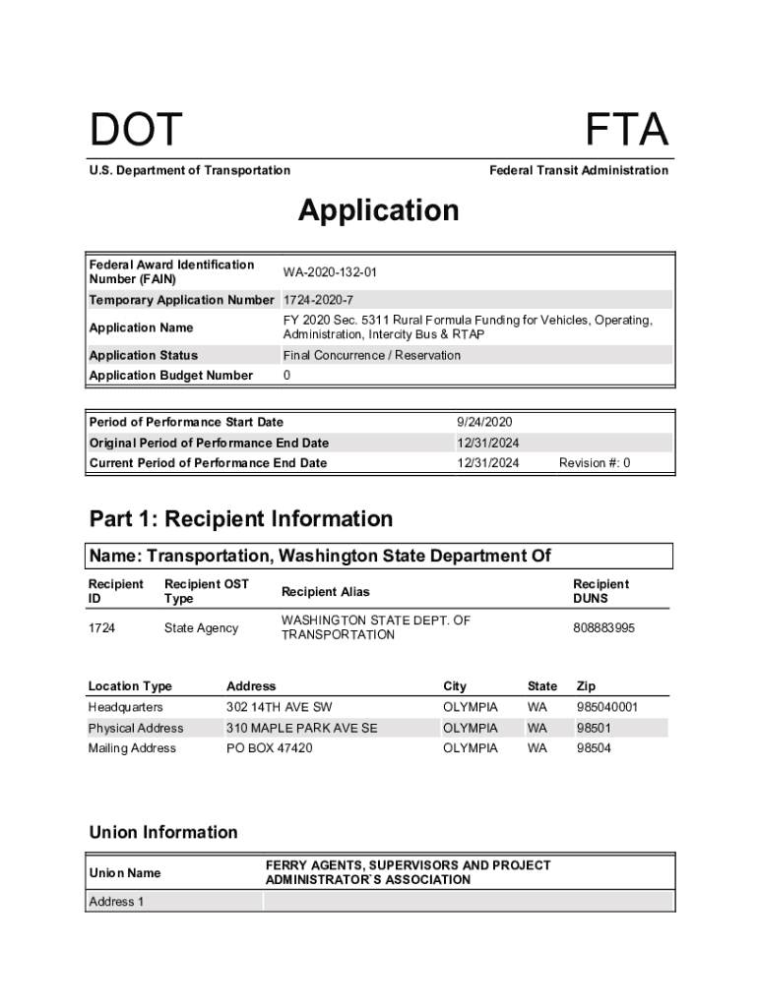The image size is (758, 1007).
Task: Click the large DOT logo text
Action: (136, 131)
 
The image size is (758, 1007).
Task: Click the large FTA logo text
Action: (626, 131)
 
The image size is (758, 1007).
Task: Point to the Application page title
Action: (378, 210)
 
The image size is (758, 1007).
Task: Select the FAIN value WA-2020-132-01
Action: (330, 272)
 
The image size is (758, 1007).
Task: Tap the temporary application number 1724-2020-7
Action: (318, 300)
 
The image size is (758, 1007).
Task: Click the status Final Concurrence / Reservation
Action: (371, 355)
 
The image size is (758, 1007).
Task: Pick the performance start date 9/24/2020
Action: (484, 422)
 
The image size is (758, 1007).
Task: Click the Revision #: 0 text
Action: (595, 463)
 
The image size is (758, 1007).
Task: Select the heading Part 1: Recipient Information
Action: (240, 518)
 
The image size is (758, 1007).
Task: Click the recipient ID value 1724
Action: (101, 627)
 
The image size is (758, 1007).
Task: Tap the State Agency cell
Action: (201, 627)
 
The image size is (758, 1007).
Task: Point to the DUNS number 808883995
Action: (603, 627)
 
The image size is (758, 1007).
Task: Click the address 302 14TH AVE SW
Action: (279, 707)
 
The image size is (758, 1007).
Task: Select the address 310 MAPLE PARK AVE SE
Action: (301, 728)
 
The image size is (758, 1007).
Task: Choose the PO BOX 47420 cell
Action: (269, 748)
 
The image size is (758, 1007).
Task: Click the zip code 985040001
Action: (607, 707)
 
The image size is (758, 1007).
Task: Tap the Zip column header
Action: (586, 686)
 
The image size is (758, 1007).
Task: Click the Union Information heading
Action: (162, 832)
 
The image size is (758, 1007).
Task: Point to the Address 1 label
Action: (116, 902)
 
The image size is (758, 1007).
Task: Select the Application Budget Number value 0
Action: (286, 376)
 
